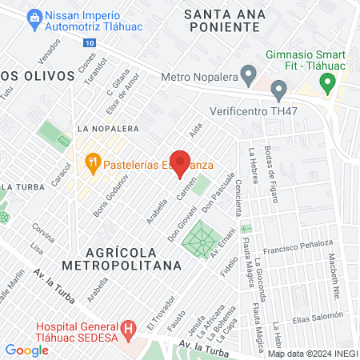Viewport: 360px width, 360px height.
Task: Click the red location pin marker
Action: click(x=181, y=162)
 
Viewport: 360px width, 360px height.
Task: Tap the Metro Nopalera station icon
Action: click(x=250, y=78)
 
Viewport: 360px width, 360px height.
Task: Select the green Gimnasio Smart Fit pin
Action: click(x=326, y=82)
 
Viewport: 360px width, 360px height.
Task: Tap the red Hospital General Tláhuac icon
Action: click(x=127, y=328)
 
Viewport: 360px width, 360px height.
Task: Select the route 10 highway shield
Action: click(x=87, y=42)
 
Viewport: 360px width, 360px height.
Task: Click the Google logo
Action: click(x=26, y=350)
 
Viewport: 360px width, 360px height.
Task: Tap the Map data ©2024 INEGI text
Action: click(x=312, y=353)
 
